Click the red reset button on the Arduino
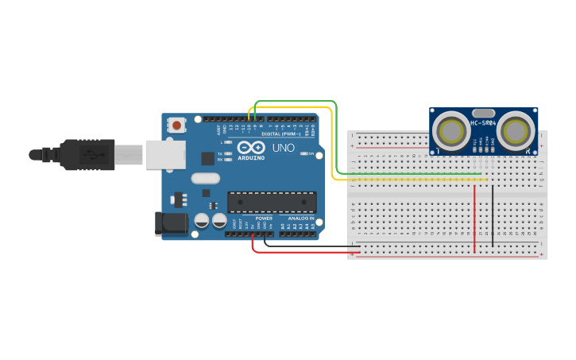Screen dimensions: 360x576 point(176,125)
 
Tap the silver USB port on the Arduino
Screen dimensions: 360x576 point(165,155)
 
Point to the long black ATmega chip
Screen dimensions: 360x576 point(272,202)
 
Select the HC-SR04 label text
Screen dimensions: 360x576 point(484,123)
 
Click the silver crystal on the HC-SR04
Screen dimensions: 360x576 point(483,113)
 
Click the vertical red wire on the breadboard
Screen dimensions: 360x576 point(474,219)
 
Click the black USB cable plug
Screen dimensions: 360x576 point(87,154)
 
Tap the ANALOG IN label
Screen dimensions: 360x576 point(300,218)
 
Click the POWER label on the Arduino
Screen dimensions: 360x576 point(264,218)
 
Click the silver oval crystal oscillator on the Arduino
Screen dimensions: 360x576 point(205,179)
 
